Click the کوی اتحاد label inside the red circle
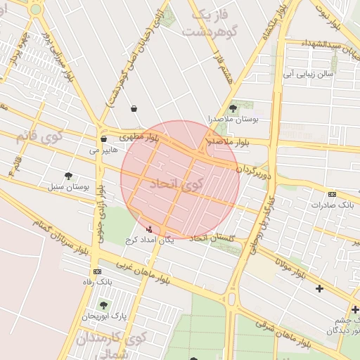[176, 185]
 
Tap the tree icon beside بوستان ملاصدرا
[233, 108]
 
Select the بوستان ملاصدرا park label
[233, 120]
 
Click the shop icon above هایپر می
[103, 139]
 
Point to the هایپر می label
[103, 150]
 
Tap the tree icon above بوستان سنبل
[68, 176]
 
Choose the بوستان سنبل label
[67, 188]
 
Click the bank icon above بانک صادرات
[332, 194]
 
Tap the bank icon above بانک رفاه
[96, 271]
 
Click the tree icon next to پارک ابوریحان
[104, 305]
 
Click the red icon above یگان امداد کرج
[148, 229]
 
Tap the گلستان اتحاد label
[211, 238]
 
